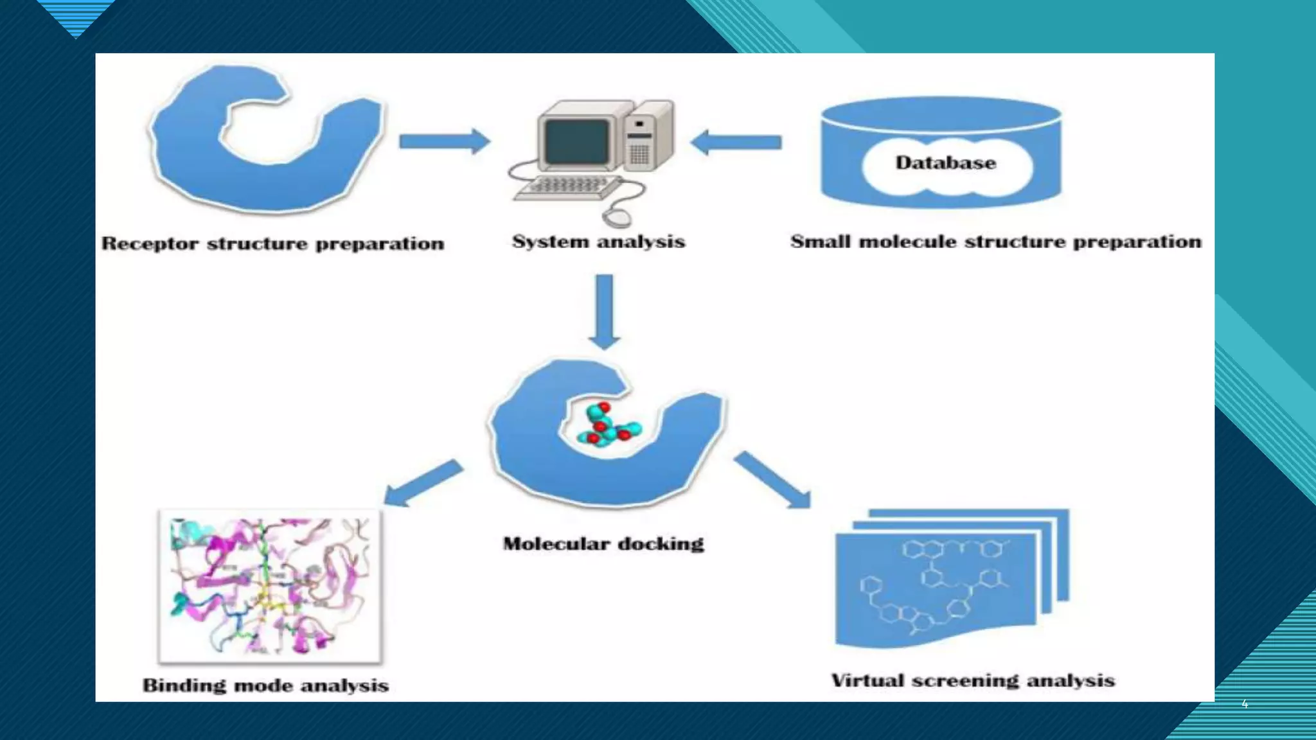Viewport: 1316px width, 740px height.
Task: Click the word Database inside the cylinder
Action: point(945,163)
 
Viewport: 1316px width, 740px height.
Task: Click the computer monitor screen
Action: point(576,142)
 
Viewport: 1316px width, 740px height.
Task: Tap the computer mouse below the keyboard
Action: point(618,216)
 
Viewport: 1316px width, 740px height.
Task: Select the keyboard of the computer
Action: point(565,188)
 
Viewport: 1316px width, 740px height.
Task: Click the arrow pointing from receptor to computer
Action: point(443,141)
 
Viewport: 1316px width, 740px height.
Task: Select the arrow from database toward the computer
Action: point(736,142)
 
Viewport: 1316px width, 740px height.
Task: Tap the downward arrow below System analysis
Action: point(604,312)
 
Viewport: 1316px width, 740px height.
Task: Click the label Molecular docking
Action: point(603,544)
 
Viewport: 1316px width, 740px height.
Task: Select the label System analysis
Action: point(598,242)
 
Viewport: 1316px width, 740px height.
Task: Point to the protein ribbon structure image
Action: point(270,586)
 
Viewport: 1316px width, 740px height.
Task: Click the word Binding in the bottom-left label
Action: point(184,686)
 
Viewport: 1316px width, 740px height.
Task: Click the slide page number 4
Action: point(1245,704)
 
